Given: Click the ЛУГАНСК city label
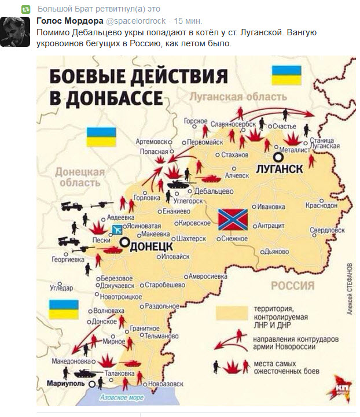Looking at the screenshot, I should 280,168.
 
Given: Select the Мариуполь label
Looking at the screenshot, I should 66,383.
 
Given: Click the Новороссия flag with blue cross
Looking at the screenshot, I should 233,219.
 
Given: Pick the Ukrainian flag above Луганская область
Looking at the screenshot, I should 286,75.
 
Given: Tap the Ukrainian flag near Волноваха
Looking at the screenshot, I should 64,309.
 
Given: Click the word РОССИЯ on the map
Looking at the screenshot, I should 292,286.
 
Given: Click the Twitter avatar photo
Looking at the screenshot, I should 14,32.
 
